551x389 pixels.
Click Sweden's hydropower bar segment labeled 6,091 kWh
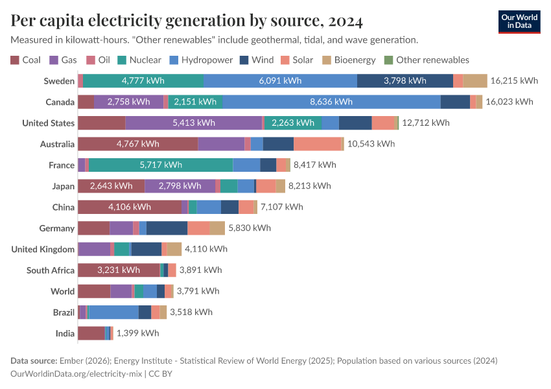point(280,81)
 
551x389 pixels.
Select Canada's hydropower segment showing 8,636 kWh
point(331,102)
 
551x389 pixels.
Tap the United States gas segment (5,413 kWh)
point(193,123)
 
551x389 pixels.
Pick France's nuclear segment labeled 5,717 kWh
point(161,165)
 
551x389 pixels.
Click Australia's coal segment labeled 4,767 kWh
point(137,144)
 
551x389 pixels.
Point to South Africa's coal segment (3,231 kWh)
point(119,270)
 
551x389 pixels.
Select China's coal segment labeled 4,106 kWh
point(130,207)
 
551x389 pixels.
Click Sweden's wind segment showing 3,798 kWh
point(404,81)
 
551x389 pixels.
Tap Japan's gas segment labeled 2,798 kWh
point(180,186)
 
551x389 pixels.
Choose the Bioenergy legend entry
point(351,60)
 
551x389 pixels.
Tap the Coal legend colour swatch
point(15,60)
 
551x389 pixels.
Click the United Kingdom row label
point(43,250)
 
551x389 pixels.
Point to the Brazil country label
point(64,312)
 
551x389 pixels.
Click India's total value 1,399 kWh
point(137,333)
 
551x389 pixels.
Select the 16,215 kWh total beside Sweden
point(515,81)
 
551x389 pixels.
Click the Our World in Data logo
point(519,21)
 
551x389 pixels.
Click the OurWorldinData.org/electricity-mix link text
point(77,373)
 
